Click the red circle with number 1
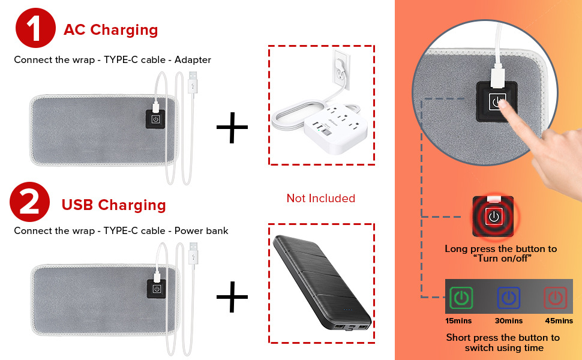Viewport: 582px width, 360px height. (35, 28)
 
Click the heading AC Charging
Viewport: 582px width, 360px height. (111, 29)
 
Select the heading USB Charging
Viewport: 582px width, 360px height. (113, 205)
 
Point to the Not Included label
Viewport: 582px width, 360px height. (320, 198)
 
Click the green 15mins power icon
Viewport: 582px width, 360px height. (461, 298)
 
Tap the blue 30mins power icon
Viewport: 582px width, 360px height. (508, 298)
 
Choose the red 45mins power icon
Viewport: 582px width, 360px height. (555, 298)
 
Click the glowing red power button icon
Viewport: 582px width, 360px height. (493, 217)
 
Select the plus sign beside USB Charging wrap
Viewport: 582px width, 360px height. (232, 295)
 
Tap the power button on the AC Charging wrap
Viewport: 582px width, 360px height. (155, 119)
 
